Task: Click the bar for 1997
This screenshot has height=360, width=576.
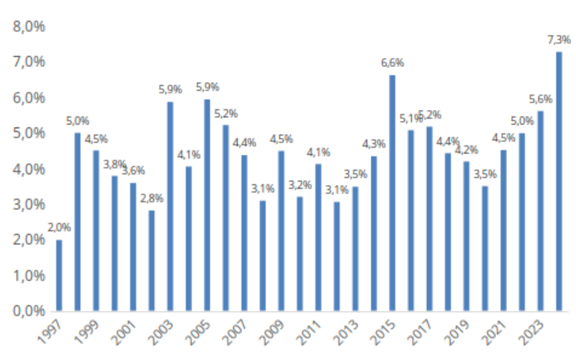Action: click(59, 275)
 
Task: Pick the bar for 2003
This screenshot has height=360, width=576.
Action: click(171, 206)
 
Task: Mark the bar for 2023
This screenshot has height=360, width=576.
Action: click(540, 211)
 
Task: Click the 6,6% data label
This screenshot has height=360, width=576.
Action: click(392, 63)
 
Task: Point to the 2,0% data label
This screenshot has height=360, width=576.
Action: click(59, 228)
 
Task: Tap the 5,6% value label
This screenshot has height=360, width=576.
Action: click(540, 99)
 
